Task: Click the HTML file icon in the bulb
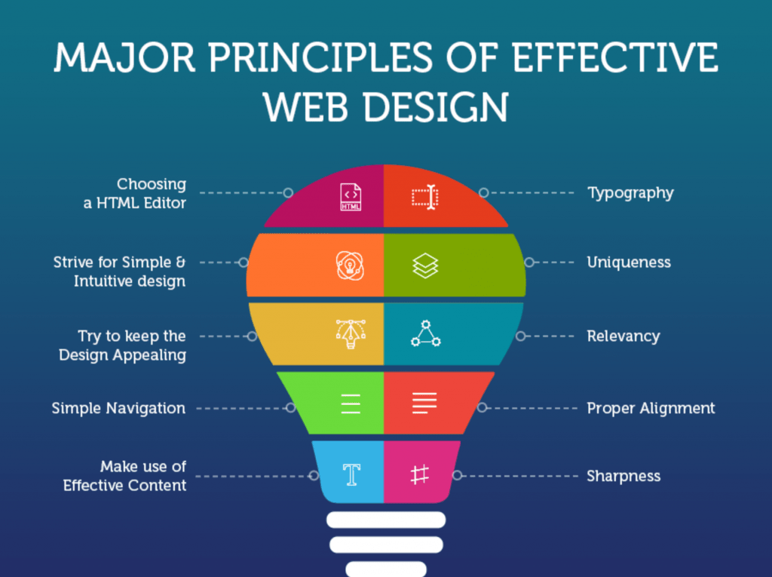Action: [x=351, y=197]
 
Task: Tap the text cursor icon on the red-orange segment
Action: [x=425, y=197]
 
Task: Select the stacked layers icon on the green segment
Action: [x=425, y=265]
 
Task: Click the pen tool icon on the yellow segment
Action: [x=351, y=334]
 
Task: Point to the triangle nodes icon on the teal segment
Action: [x=426, y=333]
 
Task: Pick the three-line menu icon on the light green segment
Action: [x=351, y=404]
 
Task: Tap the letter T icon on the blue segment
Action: [x=351, y=474]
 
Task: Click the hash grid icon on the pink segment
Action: [x=419, y=475]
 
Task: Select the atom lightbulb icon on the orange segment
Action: [x=350, y=265]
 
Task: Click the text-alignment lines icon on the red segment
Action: [x=424, y=403]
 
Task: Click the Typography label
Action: [x=630, y=193]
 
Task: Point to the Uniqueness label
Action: [x=629, y=262]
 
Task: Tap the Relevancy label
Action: [x=623, y=336]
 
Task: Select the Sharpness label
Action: [x=623, y=477]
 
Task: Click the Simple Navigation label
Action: [x=118, y=409]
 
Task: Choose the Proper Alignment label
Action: [x=651, y=409]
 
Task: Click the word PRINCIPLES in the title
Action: [x=320, y=57]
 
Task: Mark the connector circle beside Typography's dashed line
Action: [x=484, y=192]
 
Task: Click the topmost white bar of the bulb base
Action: [x=386, y=520]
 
